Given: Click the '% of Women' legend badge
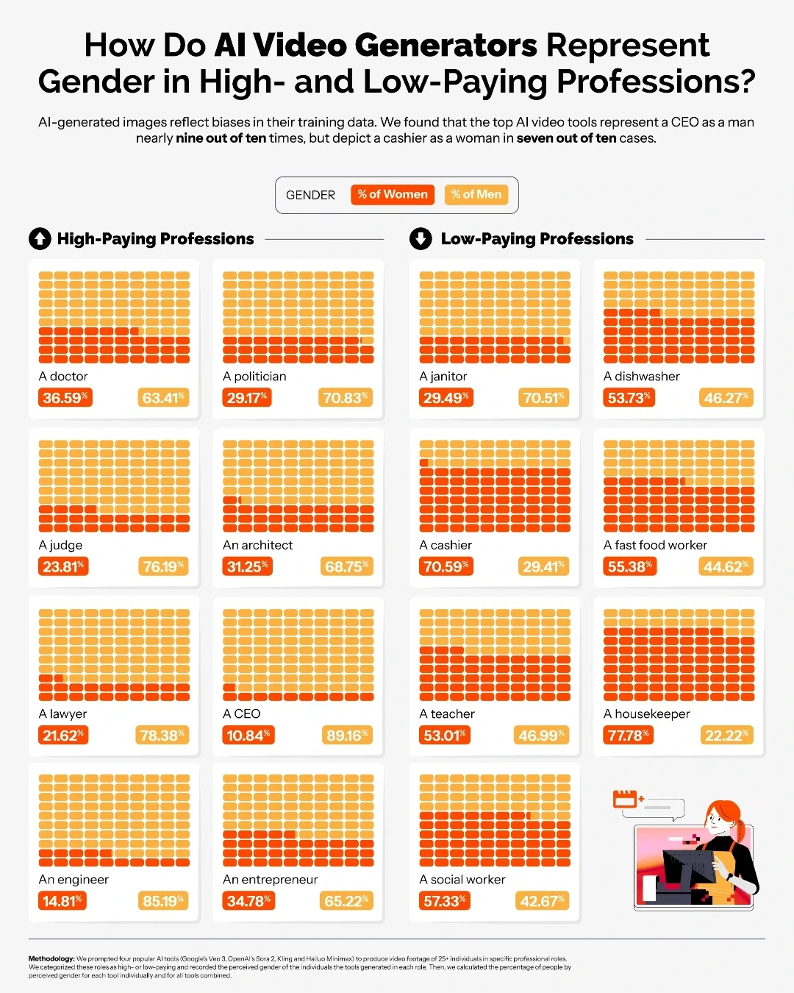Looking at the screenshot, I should click(393, 195).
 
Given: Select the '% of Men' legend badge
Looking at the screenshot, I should click(476, 195).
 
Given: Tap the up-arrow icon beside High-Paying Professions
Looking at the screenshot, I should click(40, 239).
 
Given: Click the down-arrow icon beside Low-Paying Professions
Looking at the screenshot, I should click(421, 239).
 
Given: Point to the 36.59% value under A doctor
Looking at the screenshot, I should click(65, 398).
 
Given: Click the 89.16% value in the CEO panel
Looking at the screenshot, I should click(346, 736).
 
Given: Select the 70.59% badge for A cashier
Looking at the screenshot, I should click(446, 566).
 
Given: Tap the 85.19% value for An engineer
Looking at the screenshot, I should click(162, 901).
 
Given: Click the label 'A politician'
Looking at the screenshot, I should click(254, 377).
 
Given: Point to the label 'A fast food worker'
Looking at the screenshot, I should click(655, 545).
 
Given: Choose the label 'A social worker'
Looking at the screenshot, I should click(462, 880).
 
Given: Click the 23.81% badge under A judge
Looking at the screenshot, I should click(63, 566).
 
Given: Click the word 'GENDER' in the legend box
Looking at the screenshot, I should click(310, 196).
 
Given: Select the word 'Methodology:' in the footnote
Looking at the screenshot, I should click(51, 958).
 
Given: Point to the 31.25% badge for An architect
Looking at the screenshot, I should click(248, 566).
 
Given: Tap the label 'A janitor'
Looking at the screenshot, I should click(443, 377).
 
